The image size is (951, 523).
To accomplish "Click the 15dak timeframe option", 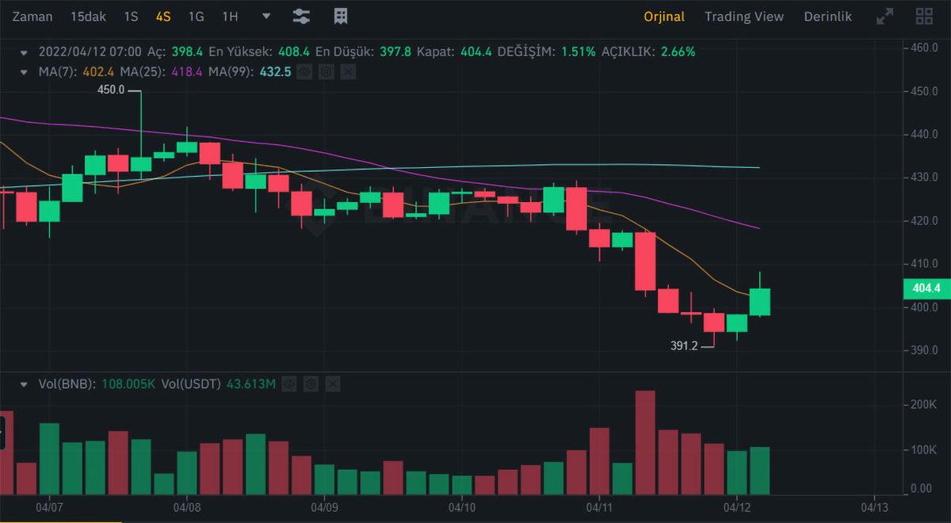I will (87, 16).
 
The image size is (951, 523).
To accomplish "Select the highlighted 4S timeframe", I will (163, 16).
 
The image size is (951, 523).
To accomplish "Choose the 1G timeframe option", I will (196, 16).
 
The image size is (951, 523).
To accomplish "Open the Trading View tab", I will (743, 16).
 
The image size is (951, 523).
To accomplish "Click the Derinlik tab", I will (827, 16).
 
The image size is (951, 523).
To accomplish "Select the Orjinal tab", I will (664, 16).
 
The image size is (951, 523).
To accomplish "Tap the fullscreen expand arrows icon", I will (884, 16).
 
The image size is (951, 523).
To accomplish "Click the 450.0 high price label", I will (111, 90).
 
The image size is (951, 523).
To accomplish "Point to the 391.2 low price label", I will (684, 345).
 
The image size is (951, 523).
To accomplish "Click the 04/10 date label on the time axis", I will (462, 505).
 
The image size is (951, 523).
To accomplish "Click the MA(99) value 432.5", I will (276, 71).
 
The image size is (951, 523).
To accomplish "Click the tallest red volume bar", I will (645, 441).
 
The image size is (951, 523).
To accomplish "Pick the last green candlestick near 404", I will (760, 301).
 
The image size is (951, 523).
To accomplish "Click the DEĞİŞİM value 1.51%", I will (578, 52).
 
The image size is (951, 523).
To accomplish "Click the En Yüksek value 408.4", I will (292, 52).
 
